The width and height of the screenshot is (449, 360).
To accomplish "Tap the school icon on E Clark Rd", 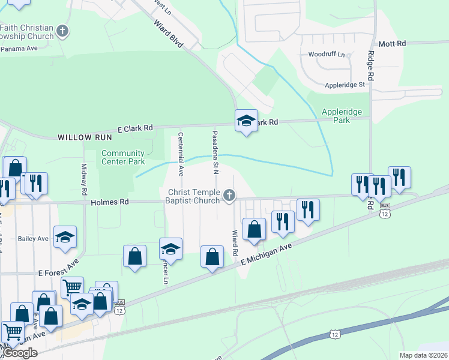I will [246, 121].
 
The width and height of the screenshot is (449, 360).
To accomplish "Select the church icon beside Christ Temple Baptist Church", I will [229, 195].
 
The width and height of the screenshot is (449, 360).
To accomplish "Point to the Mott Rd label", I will [393, 44].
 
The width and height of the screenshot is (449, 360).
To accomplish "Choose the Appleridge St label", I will [345, 85].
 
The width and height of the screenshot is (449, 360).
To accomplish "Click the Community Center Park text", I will [123, 157].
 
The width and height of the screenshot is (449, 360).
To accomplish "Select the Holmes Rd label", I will [110, 203].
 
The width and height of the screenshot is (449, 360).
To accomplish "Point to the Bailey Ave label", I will [34, 239].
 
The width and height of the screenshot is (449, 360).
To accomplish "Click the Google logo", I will [20, 353].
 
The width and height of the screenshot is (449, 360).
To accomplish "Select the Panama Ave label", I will [19, 48].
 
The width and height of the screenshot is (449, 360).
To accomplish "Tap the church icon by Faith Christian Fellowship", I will [62, 31].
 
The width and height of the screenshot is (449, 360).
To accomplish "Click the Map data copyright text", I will [423, 355].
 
